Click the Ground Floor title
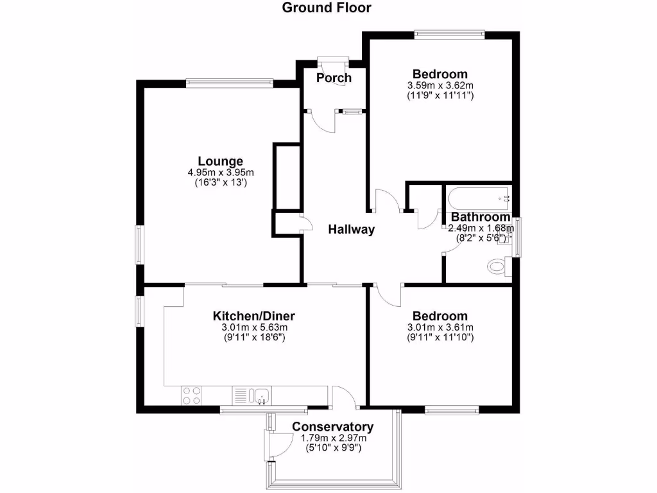pyautogui.click(x=327, y=8)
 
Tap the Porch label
pyautogui.click(x=334, y=78)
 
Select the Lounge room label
pyautogui.click(x=220, y=161)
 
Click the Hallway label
pyautogui.click(x=351, y=230)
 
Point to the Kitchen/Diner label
pyautogui.click(x=253, y=316)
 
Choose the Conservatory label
pyautogui.click(x=332, y=427)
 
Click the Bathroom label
pyautogui.click(x=480, y=217)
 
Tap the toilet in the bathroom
pyautogui.click(x=498, y=264)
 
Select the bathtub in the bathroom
pyautogui.click(x=477, y=197)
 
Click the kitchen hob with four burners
pyautogui.click(x=191, y=395)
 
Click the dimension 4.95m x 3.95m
pyautogui.click(x=220, y=172)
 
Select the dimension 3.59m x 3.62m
pyautogui.click(x=439, y=85)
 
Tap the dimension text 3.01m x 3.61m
pyautogui.click(x=439, y=327)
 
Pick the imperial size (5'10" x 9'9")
pyautogui.click(x=332, y=449)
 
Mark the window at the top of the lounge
pyautogui.click(x=229, y=82)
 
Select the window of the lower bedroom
pyautogui.click(x=452, y=409)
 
